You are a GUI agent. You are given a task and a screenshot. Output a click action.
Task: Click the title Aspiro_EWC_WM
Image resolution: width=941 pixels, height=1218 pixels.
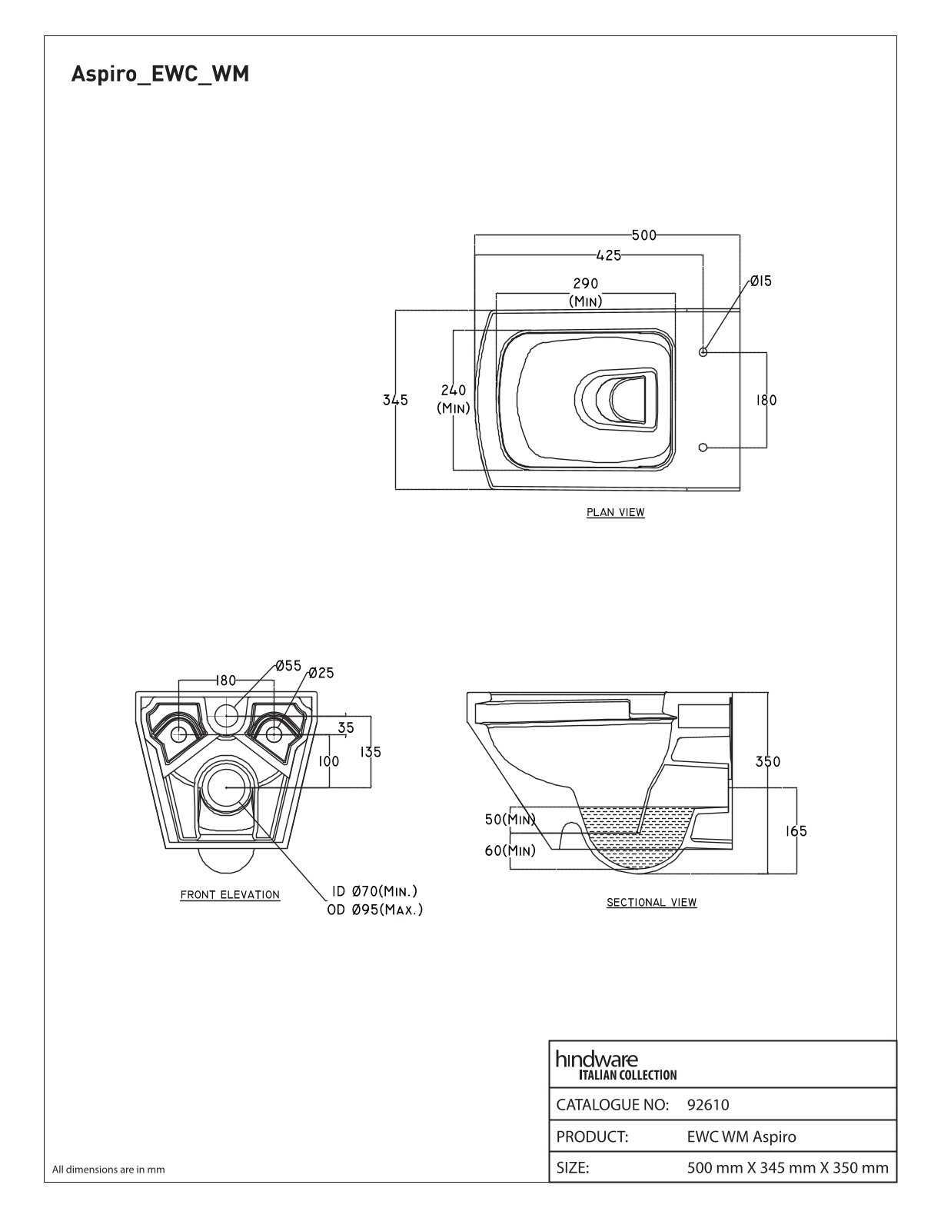(160, 75)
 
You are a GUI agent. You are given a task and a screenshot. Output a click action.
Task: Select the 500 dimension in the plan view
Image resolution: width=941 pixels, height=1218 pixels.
(644, 235)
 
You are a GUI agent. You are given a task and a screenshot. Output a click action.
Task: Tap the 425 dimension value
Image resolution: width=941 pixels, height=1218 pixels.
(608, 255)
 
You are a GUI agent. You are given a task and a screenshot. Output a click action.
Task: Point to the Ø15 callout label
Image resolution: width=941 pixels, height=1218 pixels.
(760, 281)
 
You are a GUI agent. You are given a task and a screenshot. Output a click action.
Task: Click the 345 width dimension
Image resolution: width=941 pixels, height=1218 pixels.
(395, 400)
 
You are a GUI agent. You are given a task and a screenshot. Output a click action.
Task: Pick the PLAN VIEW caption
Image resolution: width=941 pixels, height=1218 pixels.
(615, 512)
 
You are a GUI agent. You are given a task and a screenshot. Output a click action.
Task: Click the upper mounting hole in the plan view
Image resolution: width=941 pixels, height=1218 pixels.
(703, 352)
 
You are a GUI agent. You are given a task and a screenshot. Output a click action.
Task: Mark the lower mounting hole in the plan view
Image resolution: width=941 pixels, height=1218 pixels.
(703, 447)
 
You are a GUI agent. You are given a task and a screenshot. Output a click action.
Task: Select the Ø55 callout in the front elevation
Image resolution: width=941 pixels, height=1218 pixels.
(288, 666)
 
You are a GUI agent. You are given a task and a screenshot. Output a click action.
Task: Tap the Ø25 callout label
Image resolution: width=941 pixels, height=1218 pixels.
(321, 673)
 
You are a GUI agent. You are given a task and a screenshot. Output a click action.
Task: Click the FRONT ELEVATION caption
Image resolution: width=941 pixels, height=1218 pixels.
(230, 894)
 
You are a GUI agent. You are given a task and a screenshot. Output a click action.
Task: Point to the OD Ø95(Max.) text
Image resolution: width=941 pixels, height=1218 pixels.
(375, 910)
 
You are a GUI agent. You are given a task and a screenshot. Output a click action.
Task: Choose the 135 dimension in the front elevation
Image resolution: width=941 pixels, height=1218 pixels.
(371, 752)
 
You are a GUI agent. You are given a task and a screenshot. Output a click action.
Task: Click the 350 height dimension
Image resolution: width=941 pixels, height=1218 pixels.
(767, 761)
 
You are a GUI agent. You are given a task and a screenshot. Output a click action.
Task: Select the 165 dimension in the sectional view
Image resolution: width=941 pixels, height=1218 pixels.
(795, 830)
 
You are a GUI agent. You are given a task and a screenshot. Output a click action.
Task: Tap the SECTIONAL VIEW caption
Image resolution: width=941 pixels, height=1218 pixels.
(651, 903)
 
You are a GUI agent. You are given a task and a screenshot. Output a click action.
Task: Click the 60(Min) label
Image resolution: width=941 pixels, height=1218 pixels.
(510, 851)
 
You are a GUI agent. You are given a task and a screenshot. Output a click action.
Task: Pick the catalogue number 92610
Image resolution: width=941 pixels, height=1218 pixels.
(708, 1105)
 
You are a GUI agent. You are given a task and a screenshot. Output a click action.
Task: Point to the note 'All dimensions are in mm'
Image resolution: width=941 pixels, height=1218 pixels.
(108, 1170)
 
